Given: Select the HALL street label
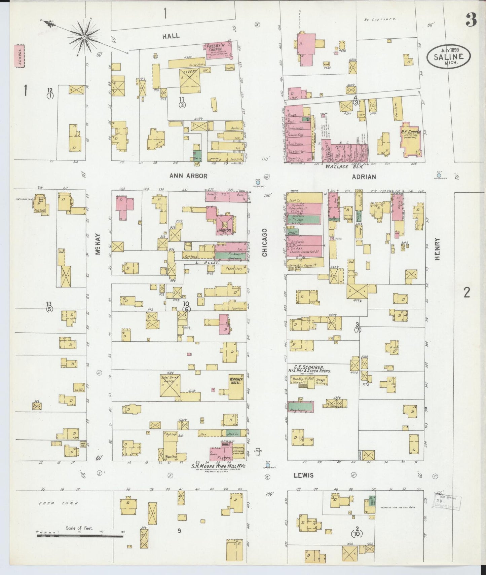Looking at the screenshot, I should pos(171,36).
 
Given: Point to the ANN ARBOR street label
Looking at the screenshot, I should pos(188,176).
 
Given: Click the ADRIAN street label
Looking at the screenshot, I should pos(364,177).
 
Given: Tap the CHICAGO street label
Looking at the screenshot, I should pos(265,242).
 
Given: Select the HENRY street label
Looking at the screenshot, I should pos(437,249).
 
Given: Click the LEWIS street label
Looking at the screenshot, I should pos(304,475).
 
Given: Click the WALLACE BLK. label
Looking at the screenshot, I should pos(338,166).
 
